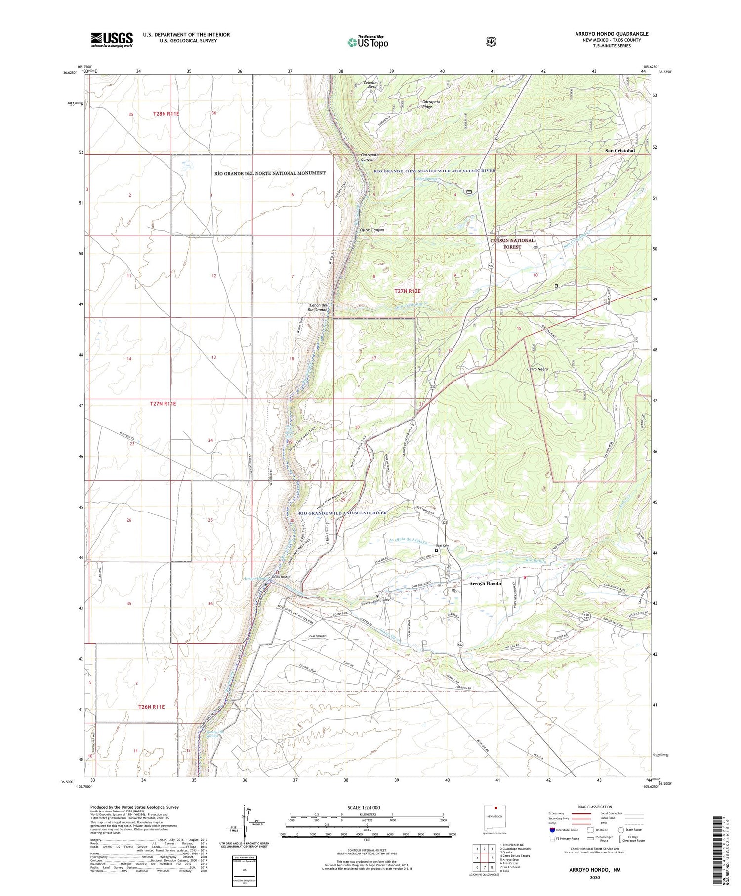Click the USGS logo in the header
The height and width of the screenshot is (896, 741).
112,40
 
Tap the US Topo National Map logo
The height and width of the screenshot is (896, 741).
368,42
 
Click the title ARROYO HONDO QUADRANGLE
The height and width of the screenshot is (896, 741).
605,34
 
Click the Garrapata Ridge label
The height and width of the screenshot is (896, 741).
434,105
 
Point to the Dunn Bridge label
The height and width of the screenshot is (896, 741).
281,577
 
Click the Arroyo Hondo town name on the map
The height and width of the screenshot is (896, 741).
485,584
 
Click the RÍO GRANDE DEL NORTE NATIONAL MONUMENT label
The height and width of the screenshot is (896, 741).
270,173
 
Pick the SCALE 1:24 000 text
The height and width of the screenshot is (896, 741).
367,808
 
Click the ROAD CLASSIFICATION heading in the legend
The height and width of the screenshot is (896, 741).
591,807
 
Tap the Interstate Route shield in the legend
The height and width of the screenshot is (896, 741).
552,830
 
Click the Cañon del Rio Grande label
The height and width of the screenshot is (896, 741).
318,308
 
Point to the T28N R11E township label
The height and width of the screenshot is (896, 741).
166,114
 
